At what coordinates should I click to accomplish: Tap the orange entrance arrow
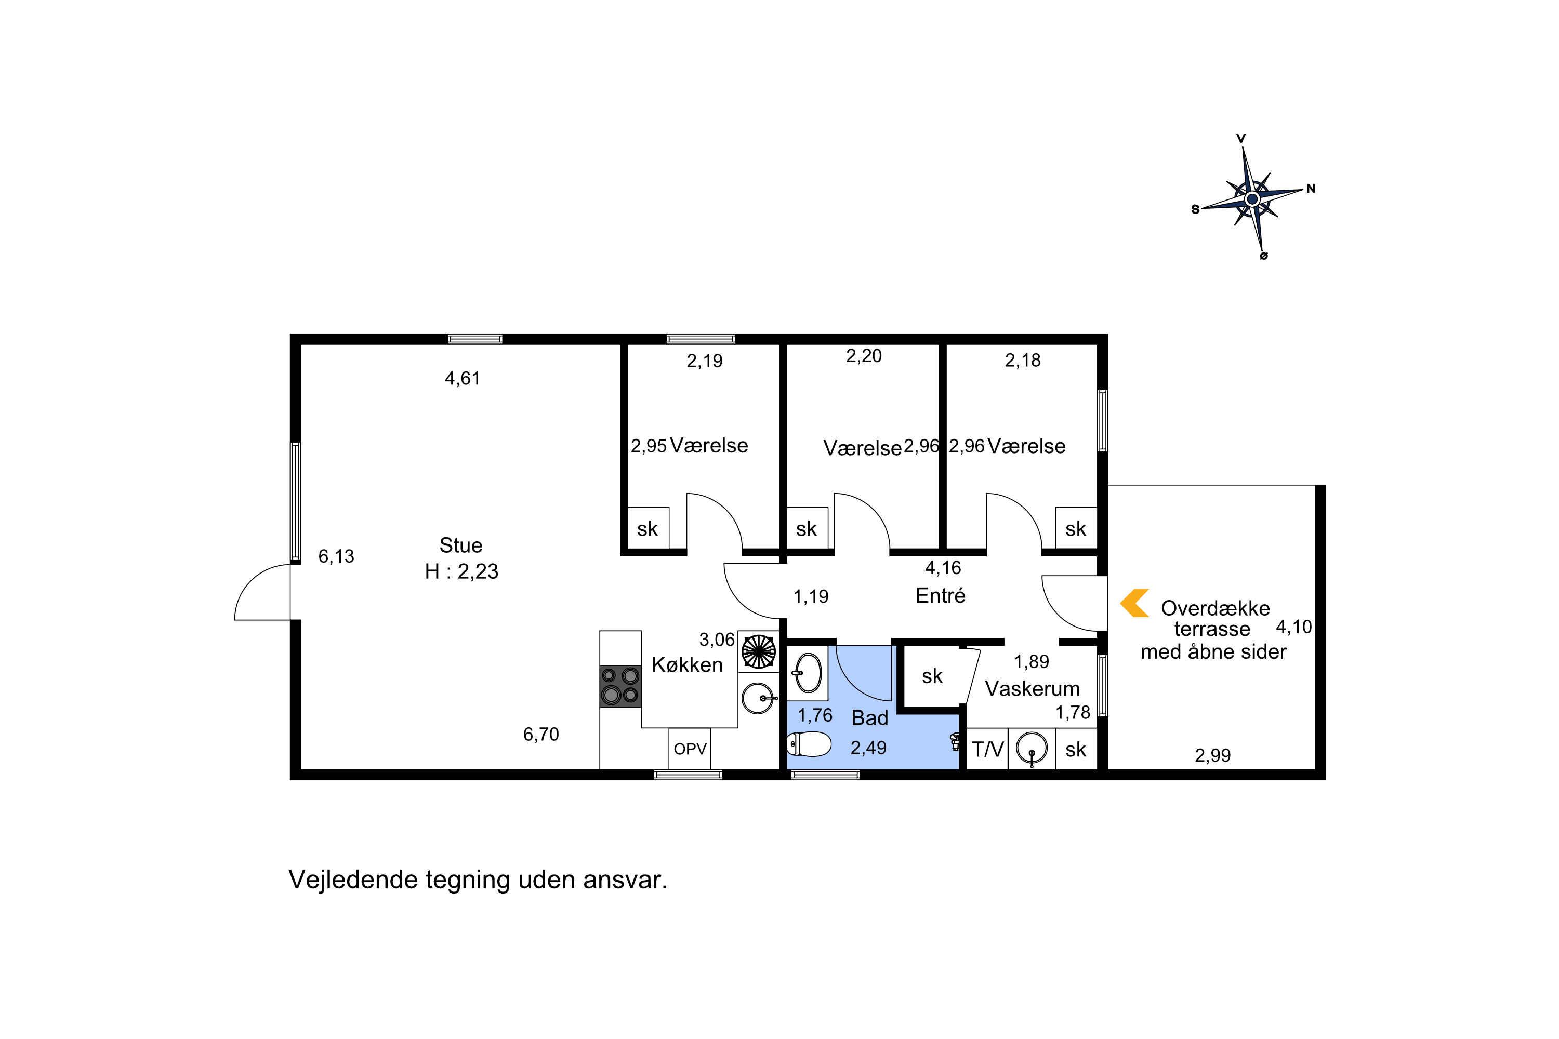1133,603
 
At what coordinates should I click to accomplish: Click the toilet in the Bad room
809,744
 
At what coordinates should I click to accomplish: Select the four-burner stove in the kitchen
620,686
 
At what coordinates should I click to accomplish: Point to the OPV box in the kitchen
690,749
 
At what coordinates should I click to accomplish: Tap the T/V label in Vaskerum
988,750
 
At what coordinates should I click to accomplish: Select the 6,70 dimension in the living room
541,734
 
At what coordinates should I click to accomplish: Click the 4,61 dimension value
462,378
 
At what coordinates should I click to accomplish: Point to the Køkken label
688,664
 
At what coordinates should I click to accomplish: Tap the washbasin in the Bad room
808,673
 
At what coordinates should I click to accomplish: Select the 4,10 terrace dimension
1294,627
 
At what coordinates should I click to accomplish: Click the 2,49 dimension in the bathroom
868,748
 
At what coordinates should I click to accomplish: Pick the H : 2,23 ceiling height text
461,571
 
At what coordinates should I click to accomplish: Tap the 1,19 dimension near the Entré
811,596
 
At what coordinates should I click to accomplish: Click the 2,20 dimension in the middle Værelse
864,356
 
